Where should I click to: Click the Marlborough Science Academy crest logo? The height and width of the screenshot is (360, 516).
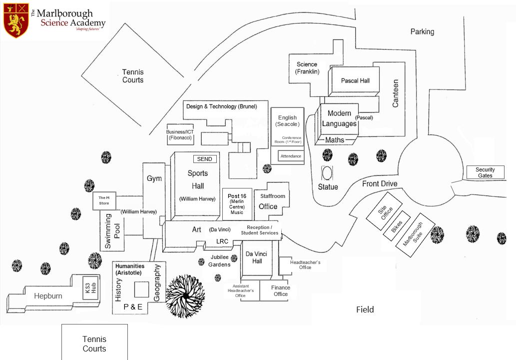click(x=16, y=20)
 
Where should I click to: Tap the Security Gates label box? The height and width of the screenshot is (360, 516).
click(x=485, y=172)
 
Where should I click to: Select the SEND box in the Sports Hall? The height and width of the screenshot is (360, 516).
click(x=205, y=159)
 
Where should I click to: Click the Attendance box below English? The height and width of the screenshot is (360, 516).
click(x=291, y=156)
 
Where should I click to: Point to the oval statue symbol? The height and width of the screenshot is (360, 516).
click(x=327, y=173)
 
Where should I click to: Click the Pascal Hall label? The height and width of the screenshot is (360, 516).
click(x=355, y=80)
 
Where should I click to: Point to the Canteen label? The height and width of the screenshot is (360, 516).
click(x=396, y=93)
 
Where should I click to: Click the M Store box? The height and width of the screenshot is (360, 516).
click(x=104, y=200)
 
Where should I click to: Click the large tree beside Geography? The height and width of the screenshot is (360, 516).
click(x=185, y=296)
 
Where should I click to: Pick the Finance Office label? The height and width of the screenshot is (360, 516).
click(x=281, y=290)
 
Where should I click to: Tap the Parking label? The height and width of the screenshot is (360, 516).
click(x=422, y=31)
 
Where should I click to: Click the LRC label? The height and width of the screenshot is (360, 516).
click(x=222, y=241)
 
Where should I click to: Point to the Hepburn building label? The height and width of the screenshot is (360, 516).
click(x=48, y=296)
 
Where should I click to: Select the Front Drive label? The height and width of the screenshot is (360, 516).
click(x=380, y=184)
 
